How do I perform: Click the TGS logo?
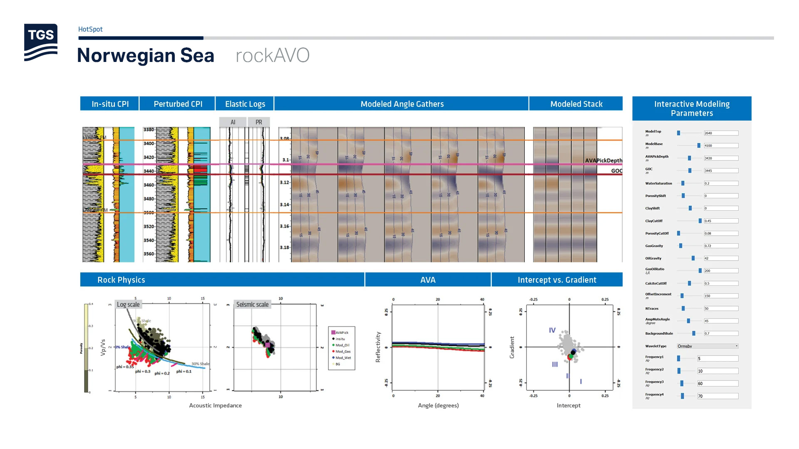point(41,42)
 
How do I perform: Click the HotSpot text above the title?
point(90,29)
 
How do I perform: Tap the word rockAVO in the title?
point(273,55)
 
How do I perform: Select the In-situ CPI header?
point(110,104)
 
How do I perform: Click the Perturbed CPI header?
point(178,104)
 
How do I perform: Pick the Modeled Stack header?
point(576,104)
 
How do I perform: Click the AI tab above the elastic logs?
point(233,122)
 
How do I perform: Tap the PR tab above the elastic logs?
point(259,122)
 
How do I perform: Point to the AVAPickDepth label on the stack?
point(603,160)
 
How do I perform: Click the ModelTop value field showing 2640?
point(721,133)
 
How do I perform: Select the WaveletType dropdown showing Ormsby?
point(707,346)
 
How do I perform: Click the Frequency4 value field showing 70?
point(718,396)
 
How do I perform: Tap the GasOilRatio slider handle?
point(700,271)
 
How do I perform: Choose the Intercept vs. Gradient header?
point(557,280)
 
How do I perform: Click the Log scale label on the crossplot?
point(128,305)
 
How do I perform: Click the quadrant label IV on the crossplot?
point(552,330)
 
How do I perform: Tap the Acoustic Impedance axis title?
point(215,405)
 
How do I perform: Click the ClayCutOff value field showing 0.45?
point(721,221)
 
